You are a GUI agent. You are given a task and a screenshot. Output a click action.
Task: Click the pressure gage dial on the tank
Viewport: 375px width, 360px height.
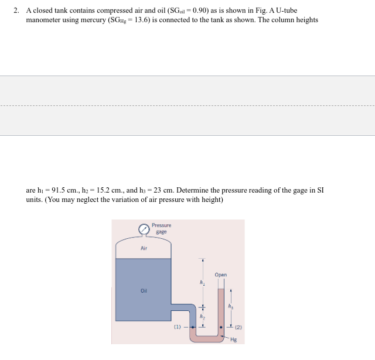pos(144,229)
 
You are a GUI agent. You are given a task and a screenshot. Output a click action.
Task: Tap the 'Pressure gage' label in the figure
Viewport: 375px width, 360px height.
pos(161,228)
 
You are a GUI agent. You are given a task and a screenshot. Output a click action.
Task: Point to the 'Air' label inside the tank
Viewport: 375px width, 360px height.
pos(144,249)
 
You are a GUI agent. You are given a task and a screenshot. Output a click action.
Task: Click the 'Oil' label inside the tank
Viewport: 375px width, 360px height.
pos(144,290)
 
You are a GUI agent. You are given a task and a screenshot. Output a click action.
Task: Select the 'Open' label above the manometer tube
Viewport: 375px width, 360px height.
pos(221,275)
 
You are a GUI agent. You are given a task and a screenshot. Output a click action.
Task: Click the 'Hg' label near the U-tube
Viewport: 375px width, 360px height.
pos(234,339)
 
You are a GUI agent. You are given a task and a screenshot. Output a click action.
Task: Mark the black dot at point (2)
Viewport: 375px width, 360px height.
pos(221,327)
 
